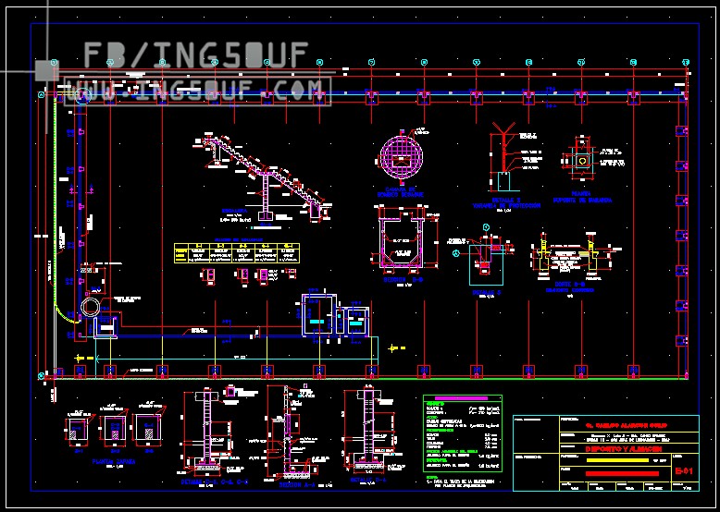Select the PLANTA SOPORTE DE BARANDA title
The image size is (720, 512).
coord(581,196)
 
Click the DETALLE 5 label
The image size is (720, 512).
coord(487,292)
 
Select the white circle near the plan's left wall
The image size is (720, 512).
coord(91,307)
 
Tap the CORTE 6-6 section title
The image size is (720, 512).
coord(567,285)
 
